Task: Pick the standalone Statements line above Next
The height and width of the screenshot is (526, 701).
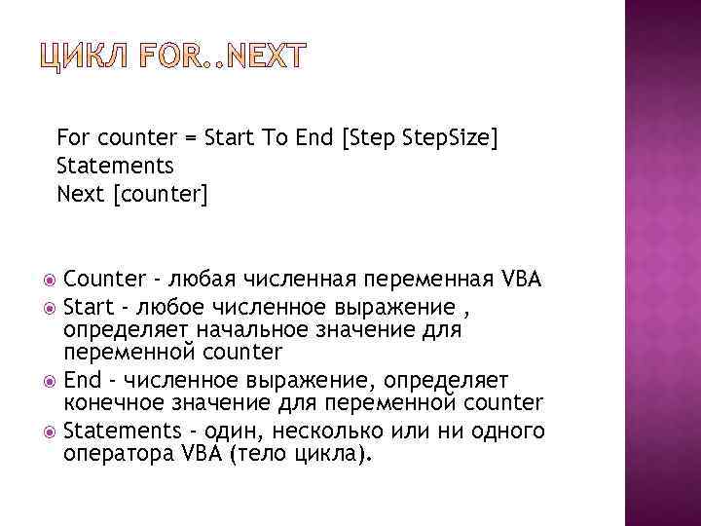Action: pos(115,167)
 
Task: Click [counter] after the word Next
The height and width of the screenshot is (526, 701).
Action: pos(161,195)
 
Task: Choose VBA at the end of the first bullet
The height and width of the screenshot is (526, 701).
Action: pos(520,281)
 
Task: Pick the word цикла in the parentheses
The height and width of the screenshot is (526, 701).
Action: pos(332,453)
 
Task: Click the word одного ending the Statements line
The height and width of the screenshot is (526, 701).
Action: pos(506,431)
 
